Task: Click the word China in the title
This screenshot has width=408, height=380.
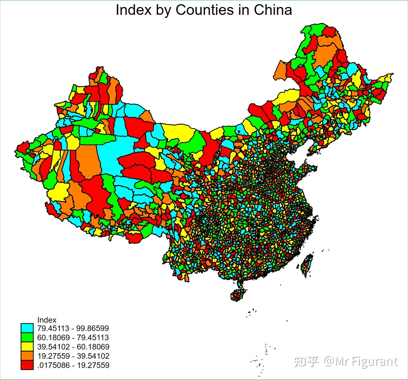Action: click(x=273, y=10)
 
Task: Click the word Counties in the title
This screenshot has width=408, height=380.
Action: click(x=205, y=10)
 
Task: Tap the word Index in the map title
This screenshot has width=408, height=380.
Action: click(x=134, y=10)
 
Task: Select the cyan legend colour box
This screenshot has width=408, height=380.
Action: click(x=27, y=328)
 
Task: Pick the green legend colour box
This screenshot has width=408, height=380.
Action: click(x=27, y=337)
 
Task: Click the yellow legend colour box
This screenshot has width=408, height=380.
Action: click(x=27, y=347)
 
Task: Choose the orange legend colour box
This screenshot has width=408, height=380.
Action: click(x=27, y=356)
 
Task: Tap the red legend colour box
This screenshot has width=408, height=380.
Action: click(x=27, y=365)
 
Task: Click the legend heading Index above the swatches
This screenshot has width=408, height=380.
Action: click(x=47, y=320)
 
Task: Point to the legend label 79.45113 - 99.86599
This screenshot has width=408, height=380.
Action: click(x=73, y=328)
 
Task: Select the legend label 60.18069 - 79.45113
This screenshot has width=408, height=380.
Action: click(x=73, y=337)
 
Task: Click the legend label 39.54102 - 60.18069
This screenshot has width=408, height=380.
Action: click(x=73, y=347)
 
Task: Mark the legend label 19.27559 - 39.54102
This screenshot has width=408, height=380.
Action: click(x=73, y=356)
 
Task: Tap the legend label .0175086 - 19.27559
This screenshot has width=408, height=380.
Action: click(x=73, y=365)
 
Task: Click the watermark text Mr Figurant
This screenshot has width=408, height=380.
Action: click(x=366, y=362)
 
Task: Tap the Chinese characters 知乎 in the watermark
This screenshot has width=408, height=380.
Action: click(x=306, y=362)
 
